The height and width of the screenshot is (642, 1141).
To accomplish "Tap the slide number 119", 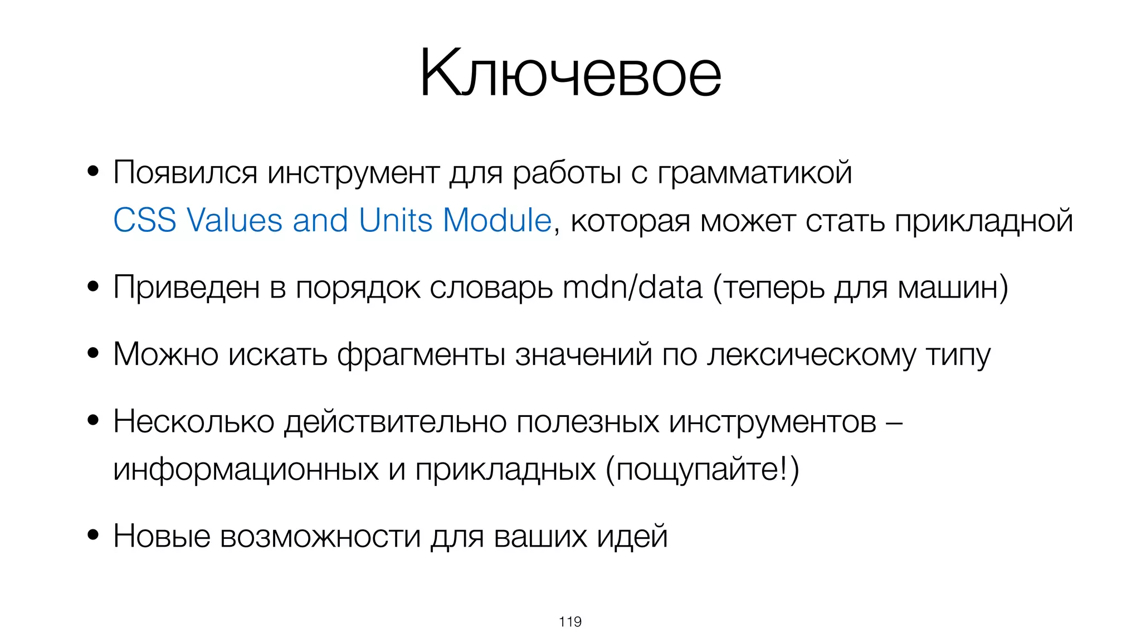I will pos(570,621).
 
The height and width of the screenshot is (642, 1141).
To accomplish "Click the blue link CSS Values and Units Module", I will pos(332,220).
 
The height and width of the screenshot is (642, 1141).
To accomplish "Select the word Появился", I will pos(185,172).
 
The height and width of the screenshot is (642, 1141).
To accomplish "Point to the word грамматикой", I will pos(754,172).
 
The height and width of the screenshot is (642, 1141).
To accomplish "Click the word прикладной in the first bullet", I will pos(983,221).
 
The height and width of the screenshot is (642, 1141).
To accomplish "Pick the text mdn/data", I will pos(632,288).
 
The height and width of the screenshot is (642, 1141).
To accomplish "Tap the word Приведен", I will pos(186,288).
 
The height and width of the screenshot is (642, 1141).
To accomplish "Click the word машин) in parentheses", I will pos(953,288).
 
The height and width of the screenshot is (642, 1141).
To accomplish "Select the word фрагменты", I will pos(421,354).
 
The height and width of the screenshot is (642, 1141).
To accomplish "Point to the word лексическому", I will pos(811,354).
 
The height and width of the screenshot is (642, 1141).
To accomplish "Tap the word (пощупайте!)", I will pos(702,469).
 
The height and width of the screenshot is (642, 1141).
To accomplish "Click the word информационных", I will pos(246,469).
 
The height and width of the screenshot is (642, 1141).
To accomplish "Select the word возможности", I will pos(320,536).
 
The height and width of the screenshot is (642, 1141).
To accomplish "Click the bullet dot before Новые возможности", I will pos(93,535).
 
